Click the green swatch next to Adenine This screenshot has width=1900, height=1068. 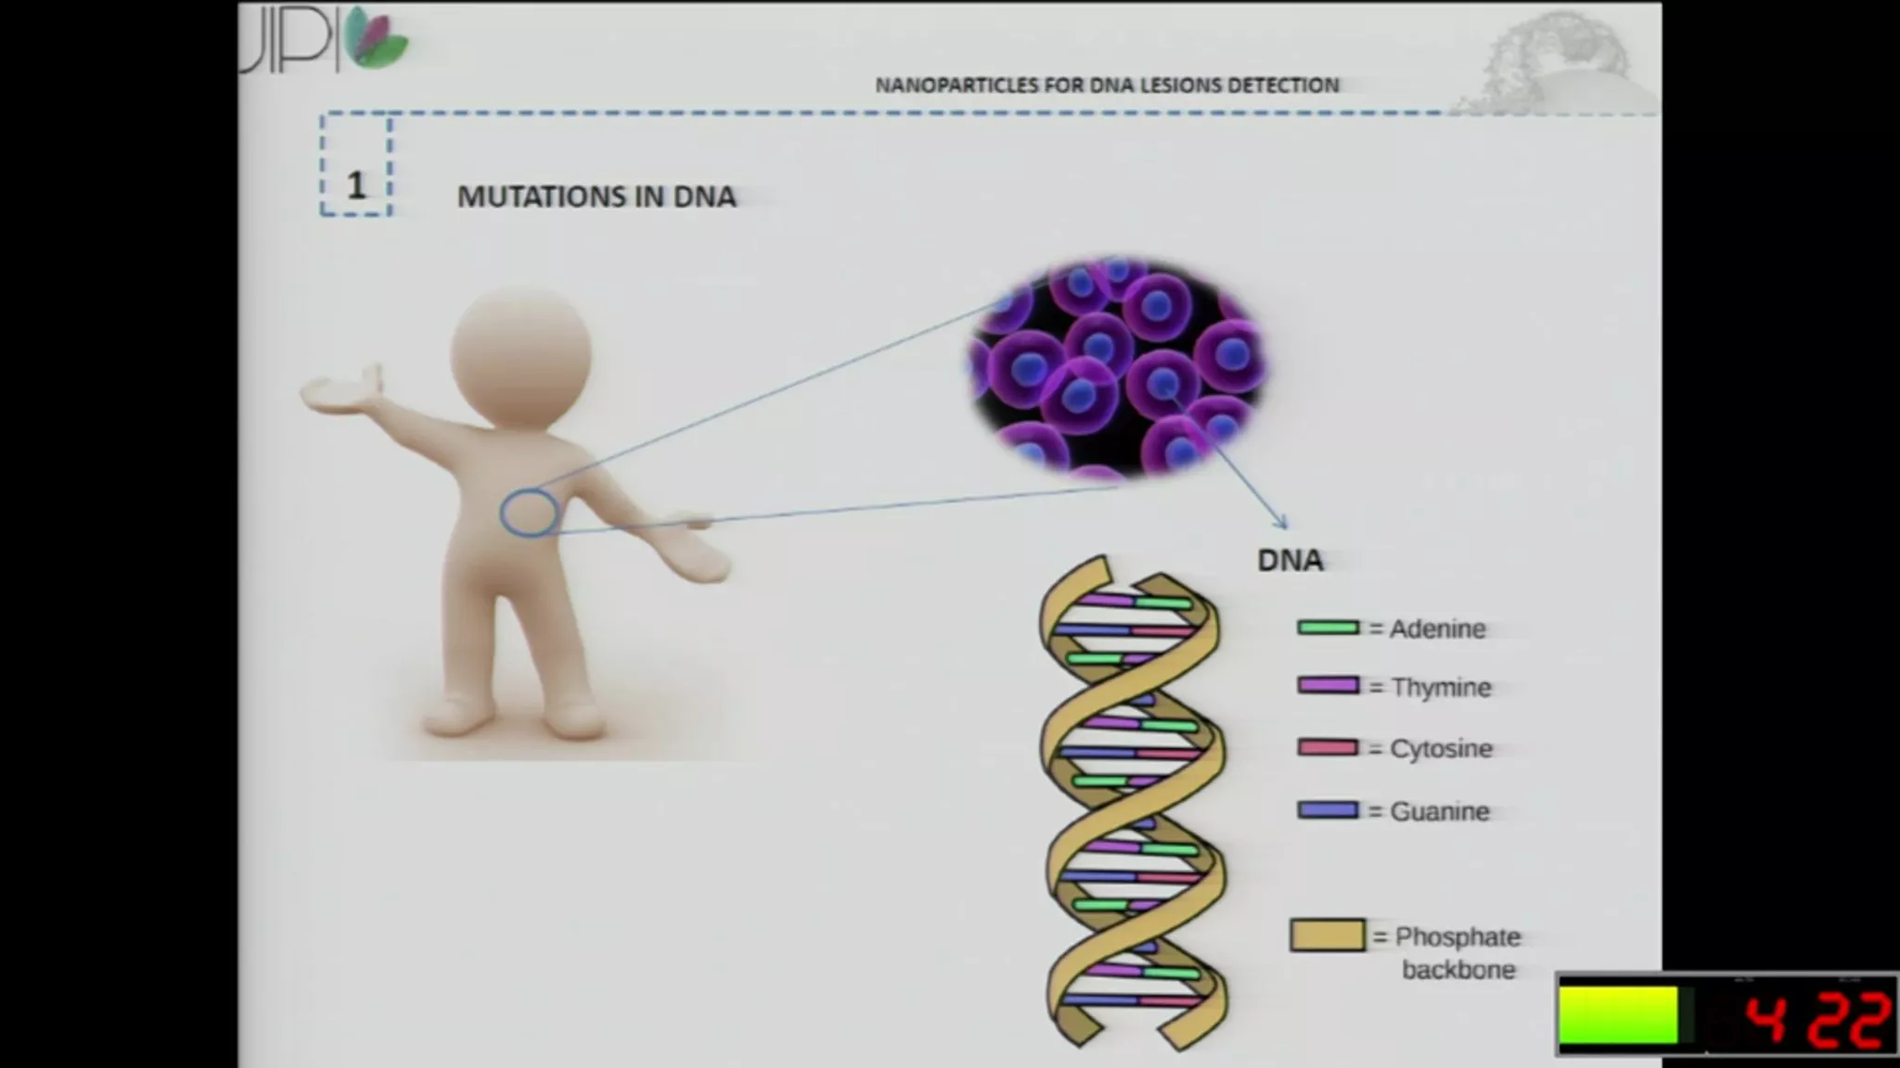[1328, 628]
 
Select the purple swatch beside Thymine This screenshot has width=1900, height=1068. [1328, 686]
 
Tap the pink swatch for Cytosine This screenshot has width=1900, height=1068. [1328, 747]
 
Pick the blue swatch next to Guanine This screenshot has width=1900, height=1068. [1328, 810]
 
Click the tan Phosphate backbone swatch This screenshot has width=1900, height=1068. [1328, 935]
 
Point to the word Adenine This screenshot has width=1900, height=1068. [1438, 629]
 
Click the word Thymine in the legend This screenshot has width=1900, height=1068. [1441, 687]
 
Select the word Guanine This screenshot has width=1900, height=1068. [1440, 811]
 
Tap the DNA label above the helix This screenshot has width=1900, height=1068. [1290, 560]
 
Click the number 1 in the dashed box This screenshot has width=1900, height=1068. [356, 185]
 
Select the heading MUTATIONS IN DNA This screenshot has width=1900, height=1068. [597, 197]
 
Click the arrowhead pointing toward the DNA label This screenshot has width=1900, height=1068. [1281, 522]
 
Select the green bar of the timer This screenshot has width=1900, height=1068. [1619, 1015]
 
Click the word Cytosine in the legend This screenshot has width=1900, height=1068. [1441, 749]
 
